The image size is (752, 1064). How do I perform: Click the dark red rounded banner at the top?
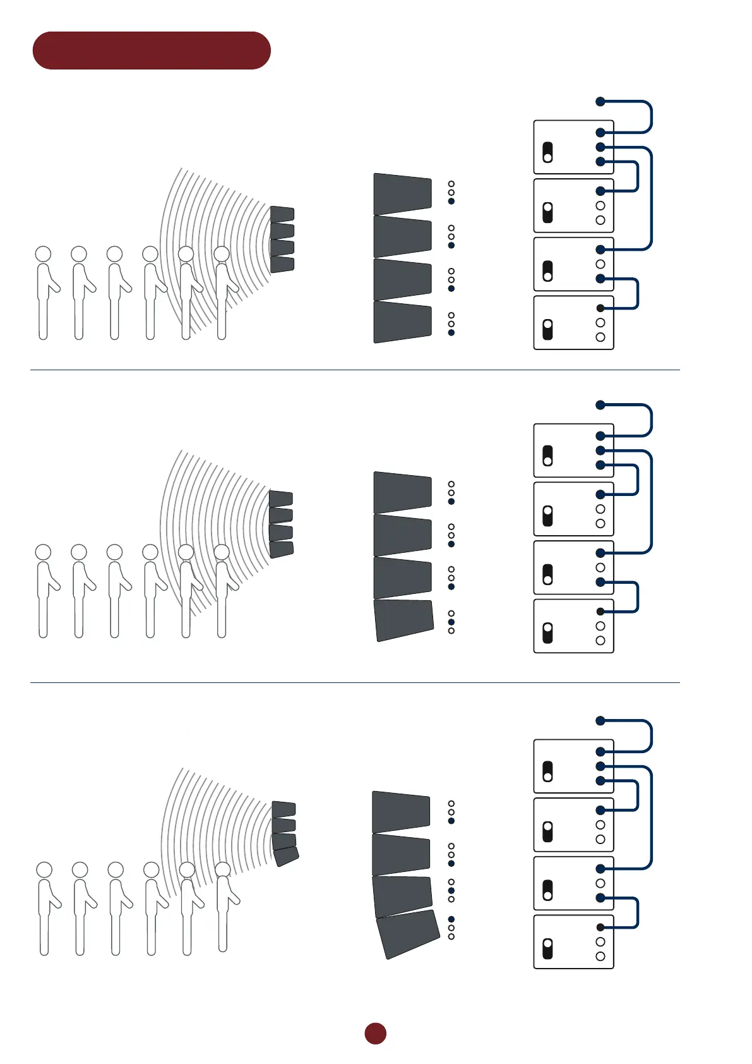(x=152, y=51)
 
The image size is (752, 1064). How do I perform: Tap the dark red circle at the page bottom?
(x=375, y=1034)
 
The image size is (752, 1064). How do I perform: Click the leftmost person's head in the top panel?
(x=43, y=254)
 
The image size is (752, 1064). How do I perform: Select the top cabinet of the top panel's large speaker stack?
(x=402, y=193)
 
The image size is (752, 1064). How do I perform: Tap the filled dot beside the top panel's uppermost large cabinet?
(x=451, y=201)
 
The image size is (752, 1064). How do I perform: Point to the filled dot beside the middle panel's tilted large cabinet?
(x=451, y=622)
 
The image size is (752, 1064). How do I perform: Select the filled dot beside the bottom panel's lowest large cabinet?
(x=451, y=919)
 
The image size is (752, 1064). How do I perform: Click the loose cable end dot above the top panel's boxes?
(x=600, y=101)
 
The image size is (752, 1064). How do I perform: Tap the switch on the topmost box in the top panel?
(x=547, y=152)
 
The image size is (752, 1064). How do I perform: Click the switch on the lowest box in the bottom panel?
(x=547, y=948)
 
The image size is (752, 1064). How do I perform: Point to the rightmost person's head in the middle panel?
(x=222, y=552)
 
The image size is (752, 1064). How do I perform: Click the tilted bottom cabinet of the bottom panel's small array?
(x=286, y=857)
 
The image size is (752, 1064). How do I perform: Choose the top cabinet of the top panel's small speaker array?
(x=282, y=214)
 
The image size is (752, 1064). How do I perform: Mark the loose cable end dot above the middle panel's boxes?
(x=600, y=404)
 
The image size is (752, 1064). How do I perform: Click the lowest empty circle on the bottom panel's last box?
(x=600, y=957)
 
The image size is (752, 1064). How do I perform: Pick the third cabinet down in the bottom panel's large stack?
(x=402, y=895)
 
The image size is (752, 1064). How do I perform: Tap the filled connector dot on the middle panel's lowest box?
(x=600, y=612)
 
